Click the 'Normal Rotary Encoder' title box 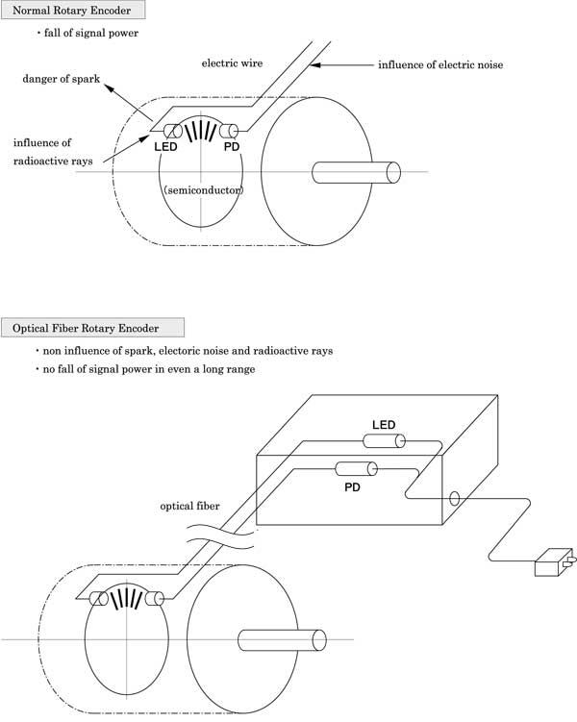pyautogui.click(x=73, y=11)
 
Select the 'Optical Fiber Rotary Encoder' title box pyautogui.click(x=92, y=328)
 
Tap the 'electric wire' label pyautogui.click(x=232, y=63)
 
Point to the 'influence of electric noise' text pyautogui.click(x=440, y=65)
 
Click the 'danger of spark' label pyautogui.click(x=62, y=79)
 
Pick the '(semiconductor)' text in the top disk pyautogui.click(x=204, y=189)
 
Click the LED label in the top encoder pyautogui.click(x=165, y=147)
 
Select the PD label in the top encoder pyautogui.click(x=232, y=147)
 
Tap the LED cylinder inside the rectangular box pyautogui.click(x=384, y=441)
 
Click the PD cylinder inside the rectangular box pyautogui.click(x=356, y=469)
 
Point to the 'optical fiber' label pyautogui.click(x=189, y=506)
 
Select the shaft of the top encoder pyautogui.click(x=356, y=173)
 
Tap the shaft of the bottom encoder pyautogui.click(x=282, y=640)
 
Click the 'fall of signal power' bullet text pyautogui.click(x=91, y=33)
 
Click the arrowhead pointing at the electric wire pyautogui.click(x=315, y=65)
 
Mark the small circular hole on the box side pyautogui.click(x=455, y=499)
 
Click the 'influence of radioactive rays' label pyautogui.click(x=53, y=152)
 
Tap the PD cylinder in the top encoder pyautogui.click(x=229, y=132)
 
